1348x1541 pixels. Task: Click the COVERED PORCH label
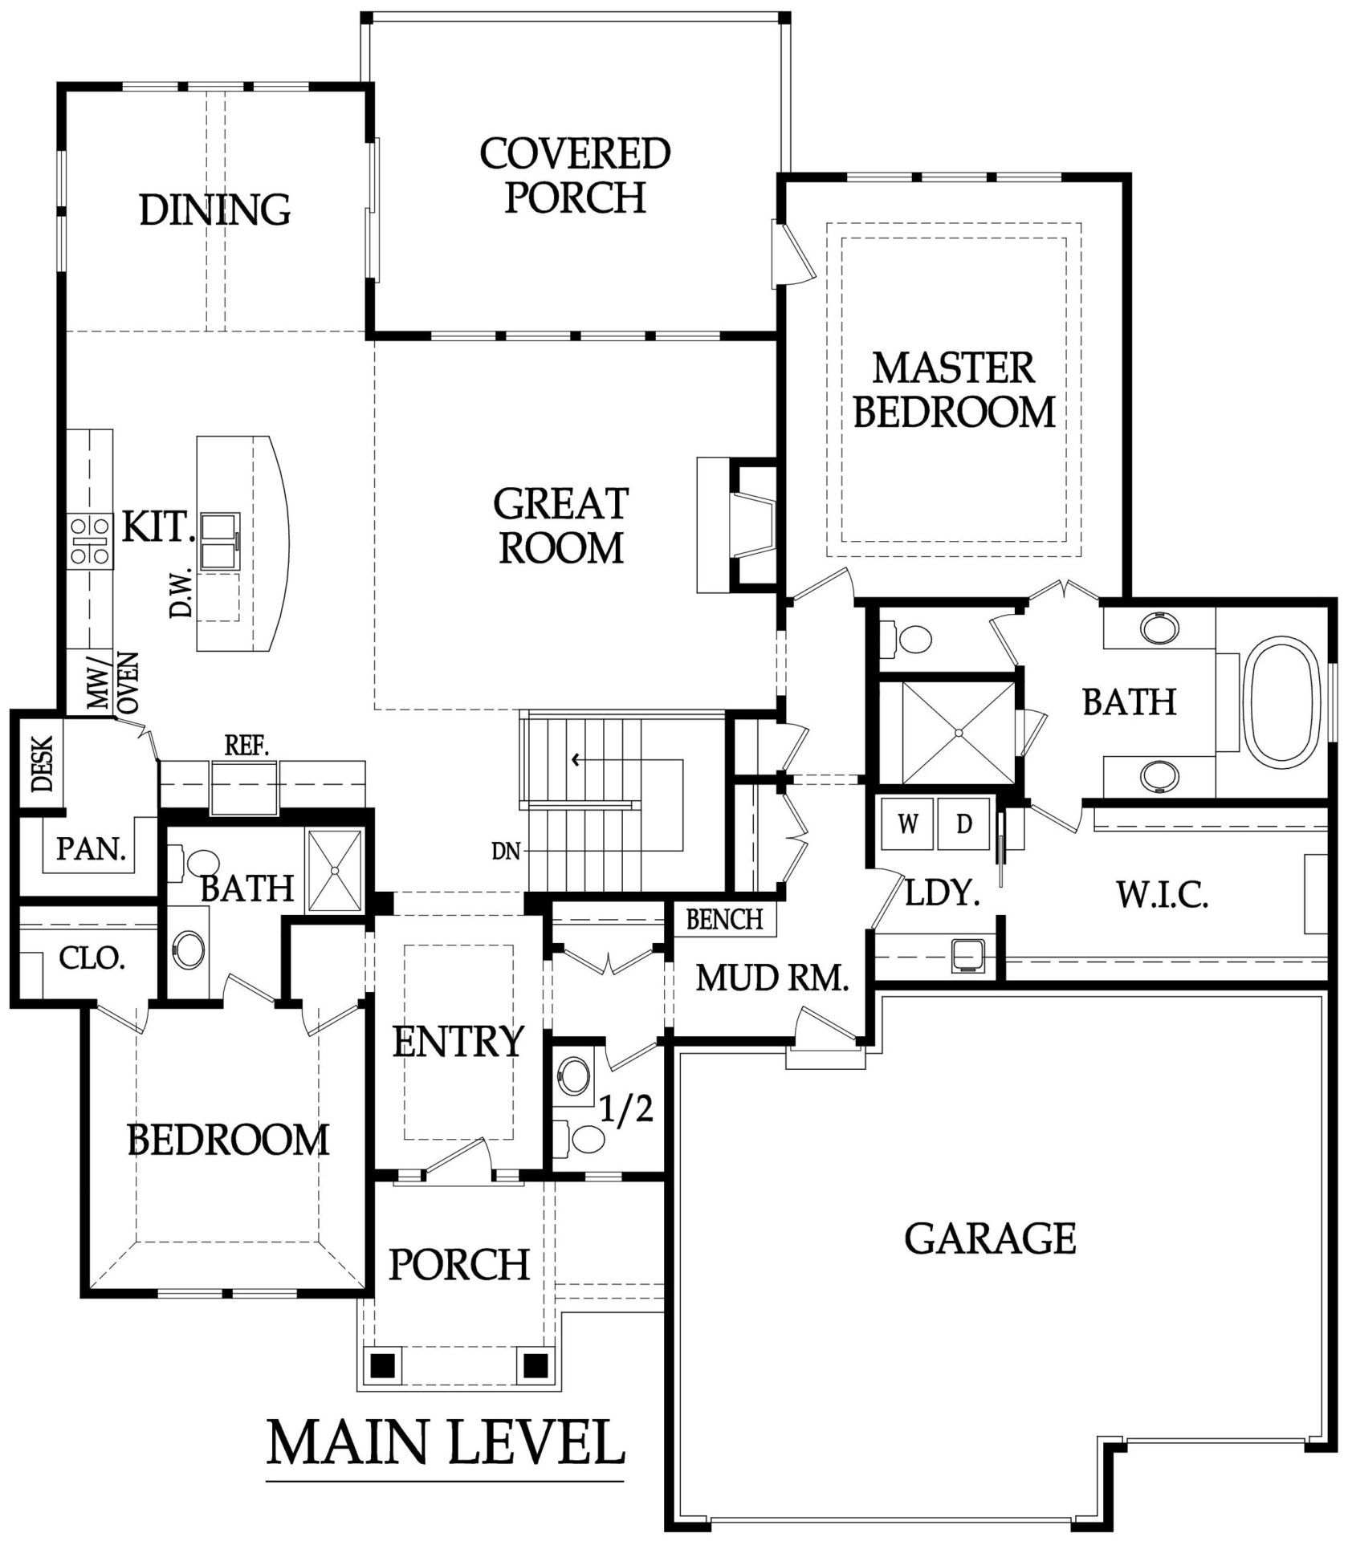pos(575,176)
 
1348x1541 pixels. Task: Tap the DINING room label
pos(215,209)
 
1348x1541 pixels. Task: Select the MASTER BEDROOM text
pos(954,390)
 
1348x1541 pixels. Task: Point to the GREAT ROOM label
pos(560,526)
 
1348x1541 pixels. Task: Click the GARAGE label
pos(990,1238)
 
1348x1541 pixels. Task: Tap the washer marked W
pos(907,823)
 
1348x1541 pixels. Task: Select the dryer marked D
pos(963,823)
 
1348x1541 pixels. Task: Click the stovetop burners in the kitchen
pos(89,540)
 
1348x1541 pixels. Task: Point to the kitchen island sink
pos(219,541)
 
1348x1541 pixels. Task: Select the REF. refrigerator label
pos(246,746)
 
